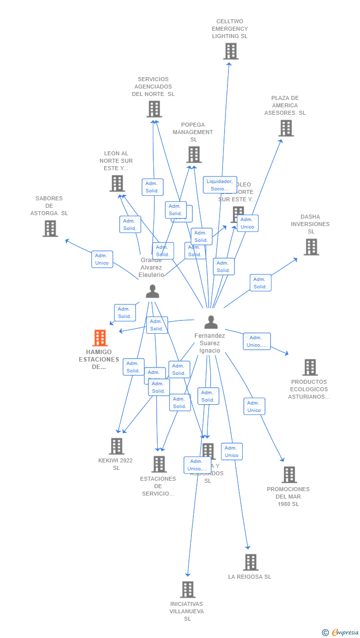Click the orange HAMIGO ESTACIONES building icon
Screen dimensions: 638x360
click(x=100, y=338)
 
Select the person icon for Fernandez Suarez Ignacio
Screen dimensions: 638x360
click(x=211, y=322)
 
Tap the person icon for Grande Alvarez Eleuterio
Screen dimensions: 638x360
click(x=152, y=291)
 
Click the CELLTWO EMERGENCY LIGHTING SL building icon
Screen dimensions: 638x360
click(x=230, y=51)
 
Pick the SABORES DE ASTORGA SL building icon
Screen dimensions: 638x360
click(x=50, y=228)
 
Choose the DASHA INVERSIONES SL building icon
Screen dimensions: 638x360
click(x=311, y=247)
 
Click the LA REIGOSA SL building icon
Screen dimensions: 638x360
click(x=251, y=562)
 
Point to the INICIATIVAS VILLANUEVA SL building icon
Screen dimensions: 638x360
click(x=187, y=590)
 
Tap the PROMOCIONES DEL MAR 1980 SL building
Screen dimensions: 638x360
click(x=289, y=475)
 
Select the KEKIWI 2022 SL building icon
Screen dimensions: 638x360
click(x=116, y=446)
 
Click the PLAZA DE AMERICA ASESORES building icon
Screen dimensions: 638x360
click(x=286, y=128)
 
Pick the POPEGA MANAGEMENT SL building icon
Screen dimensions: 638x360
click(x=194, y=155)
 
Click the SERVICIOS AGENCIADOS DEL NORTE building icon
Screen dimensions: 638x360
click(x=154, y=109)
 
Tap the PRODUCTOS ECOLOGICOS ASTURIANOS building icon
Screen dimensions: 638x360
click(x=310, y=367)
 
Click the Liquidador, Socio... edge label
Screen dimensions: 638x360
click(x=220, y=185)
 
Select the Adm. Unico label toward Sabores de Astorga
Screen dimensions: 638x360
click(x=102, y=259)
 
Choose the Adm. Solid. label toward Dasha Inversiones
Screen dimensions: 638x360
click(x=260, y=283)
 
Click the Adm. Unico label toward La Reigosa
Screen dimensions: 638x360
click(x=231, y=452)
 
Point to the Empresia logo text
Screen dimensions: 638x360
click(x=345, y=632)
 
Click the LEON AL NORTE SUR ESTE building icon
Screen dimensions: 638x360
click(x=117, y=183)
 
